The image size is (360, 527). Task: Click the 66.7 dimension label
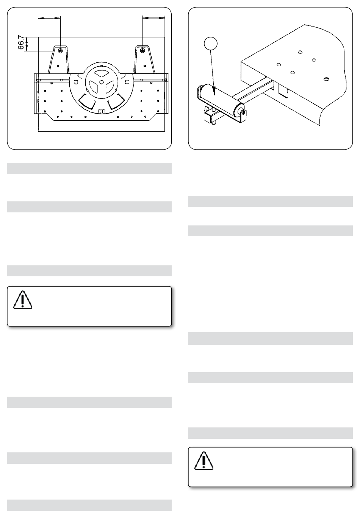21,42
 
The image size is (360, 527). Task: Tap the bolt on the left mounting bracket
61,51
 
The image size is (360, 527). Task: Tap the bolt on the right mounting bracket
142,51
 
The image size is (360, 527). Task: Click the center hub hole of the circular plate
101,82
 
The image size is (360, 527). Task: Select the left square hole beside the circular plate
76,82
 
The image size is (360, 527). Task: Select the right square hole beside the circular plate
127,82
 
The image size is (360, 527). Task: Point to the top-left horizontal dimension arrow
49,18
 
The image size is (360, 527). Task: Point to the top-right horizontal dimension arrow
153,18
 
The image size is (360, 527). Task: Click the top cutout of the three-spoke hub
101,74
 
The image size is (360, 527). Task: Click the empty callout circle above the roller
210,43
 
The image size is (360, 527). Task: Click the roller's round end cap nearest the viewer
240,109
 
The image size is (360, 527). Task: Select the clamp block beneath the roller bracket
208,117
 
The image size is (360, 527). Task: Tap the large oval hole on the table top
326,79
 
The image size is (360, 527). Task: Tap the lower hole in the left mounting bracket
58,66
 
